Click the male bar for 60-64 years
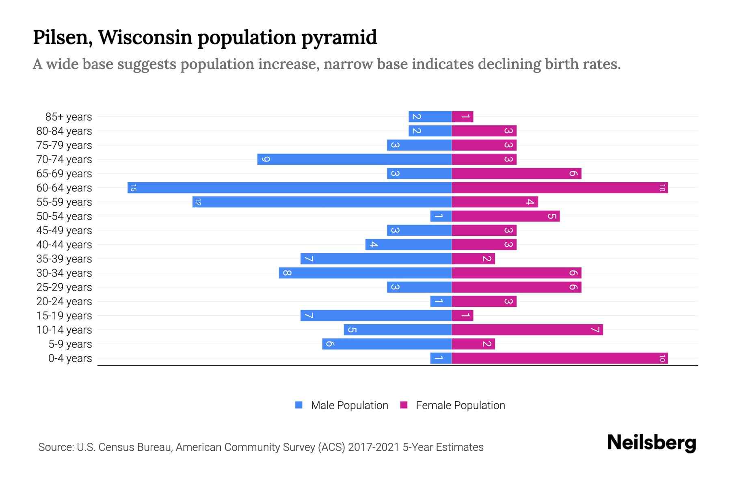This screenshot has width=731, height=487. click(x=289, y=188)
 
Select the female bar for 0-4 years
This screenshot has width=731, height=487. click(x=560, y=358)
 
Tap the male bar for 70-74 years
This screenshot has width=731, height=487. click(x=354, y=159)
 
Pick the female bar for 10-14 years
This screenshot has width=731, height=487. click(x=527, y=330)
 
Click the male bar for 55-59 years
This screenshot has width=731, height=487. click(x=322, y=202)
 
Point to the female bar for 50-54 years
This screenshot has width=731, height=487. click(x=506, y=216)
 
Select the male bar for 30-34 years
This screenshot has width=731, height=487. click(x=365, y=273)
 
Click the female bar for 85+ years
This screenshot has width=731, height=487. click(x=463, y=117)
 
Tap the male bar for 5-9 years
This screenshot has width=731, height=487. click(x=387, y=344)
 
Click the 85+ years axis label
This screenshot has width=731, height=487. click(x=68, y=117)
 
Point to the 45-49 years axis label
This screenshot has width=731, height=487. click(x=64, y=231)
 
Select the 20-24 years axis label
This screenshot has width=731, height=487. click(x=64, y=302)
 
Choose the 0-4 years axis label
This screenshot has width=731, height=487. click(x=70, y=358)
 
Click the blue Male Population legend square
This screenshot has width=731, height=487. click(x=299, y=405)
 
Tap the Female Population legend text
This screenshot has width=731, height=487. click(x=460, y=405)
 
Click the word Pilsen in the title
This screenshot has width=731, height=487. click(x=60, y=37)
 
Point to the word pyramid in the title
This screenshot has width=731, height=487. click(x=339, y=38)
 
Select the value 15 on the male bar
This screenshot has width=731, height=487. click(x=133, y=188)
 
